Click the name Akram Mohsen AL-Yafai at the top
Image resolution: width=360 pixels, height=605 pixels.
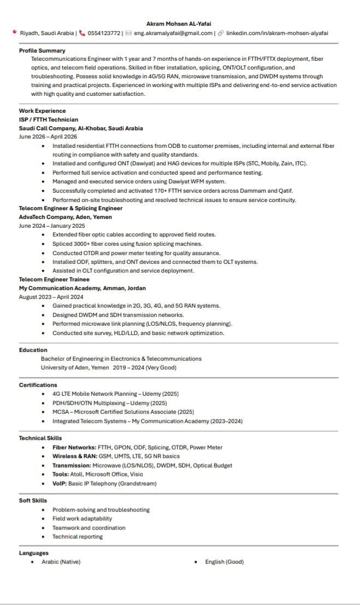(178, 24)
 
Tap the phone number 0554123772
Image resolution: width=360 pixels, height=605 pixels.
(104, 33)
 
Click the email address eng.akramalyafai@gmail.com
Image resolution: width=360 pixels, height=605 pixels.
(173, 33)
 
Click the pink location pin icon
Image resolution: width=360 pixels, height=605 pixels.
(14, 32)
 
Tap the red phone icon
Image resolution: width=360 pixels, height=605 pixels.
(82, 33)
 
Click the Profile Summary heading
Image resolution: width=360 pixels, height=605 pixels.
(42, 50)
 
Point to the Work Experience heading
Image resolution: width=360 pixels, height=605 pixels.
(42, 111)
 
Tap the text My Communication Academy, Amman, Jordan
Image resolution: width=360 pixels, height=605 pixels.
(82, 288)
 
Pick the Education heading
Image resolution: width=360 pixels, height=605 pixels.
(33, 350)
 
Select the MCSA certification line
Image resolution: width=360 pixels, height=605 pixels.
(123, 412)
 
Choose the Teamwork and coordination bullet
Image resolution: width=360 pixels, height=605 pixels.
(89, 528)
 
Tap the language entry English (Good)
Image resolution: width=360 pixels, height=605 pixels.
(224, 562)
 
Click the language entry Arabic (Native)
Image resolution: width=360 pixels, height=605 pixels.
(61, 562)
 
